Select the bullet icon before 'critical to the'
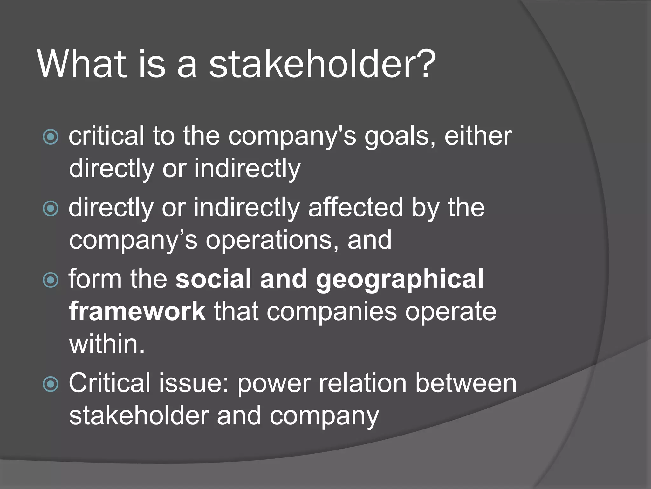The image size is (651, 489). tap(51, 137)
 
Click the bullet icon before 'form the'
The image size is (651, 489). tap(51, 280)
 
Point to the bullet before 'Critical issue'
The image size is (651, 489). tap(51, 384)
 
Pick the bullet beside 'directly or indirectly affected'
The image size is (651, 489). tap(51, 209)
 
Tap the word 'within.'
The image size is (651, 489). tap(107, 344)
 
